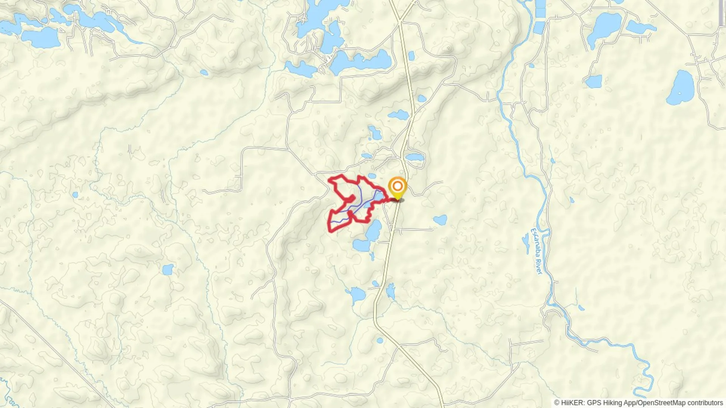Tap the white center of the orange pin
[x=397, y=186]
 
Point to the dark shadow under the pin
[x=397, y=200]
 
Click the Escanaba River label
[x=537, y=251]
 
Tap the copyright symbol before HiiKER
[x=557, y=403]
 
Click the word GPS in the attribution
[x=594, y=403]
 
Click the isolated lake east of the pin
[x=440, y=220]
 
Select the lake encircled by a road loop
[x=414, y=157]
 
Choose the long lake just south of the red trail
[x=374, y=230]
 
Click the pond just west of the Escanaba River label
[x=526, y=242]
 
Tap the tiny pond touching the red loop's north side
[x=372, y=176]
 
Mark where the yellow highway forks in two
[x=400, y=21]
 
